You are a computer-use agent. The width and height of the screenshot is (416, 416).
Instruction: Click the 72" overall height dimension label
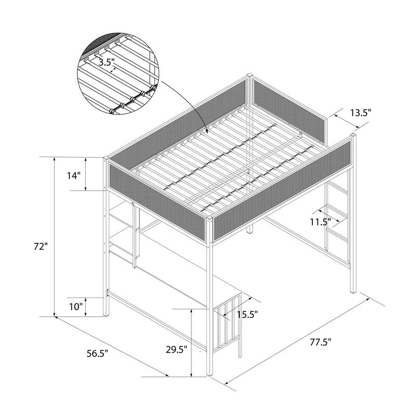pos(41,246)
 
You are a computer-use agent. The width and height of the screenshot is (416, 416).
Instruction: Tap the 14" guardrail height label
pos(73,175)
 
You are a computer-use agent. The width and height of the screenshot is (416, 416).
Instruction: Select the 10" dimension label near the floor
pos(76,307)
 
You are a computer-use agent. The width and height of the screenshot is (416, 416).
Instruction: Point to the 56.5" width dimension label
pos(97,354)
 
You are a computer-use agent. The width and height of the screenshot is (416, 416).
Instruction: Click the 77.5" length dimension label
pos(321,342)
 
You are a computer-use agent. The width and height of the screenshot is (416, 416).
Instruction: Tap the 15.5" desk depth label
pos(248,315)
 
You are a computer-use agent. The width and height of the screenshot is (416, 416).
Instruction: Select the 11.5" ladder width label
pos(321,222)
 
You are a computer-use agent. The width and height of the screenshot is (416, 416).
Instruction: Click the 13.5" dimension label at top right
pos(360,113)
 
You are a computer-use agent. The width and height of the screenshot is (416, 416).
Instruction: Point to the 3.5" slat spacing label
pos(107,62)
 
